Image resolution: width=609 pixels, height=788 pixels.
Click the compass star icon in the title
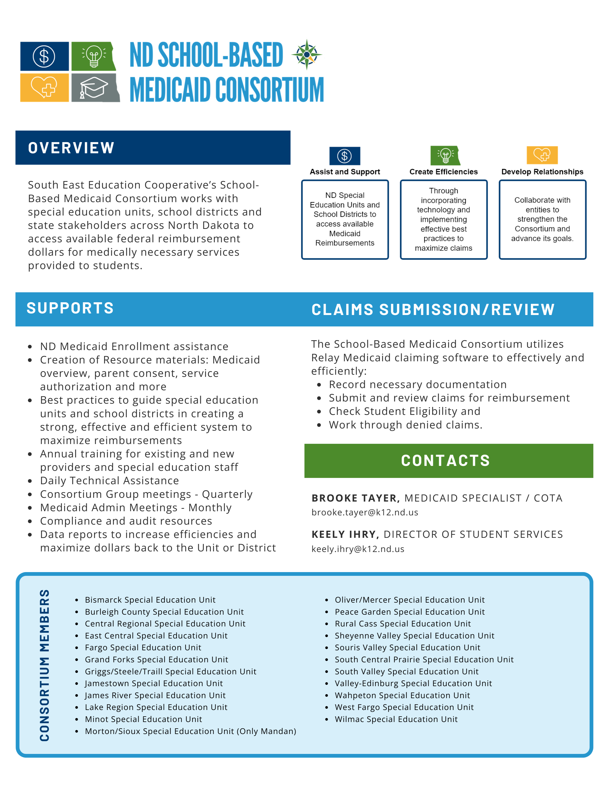pos(307,55)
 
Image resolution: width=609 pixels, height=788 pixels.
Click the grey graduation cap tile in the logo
pos(95,88)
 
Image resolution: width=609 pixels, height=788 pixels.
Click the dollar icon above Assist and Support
pos(345,156)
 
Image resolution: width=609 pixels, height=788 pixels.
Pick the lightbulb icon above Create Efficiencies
pos(445,155)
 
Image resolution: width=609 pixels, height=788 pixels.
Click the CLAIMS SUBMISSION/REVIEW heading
pos(433,309)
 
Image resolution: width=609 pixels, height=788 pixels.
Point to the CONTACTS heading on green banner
pos(445,461)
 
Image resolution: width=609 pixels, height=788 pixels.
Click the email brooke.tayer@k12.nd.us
pos(365,512)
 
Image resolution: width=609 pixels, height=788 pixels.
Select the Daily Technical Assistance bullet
pos(109,481)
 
